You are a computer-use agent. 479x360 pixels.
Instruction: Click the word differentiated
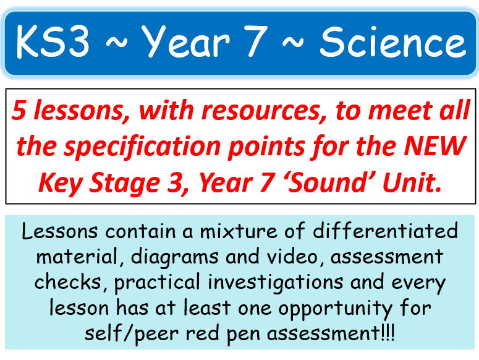click(x=383, y=231)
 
